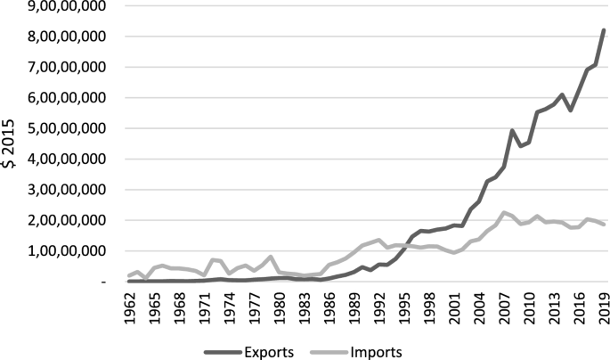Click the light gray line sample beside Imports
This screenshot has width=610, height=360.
coord(320,351)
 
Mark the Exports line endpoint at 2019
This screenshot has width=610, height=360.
coord(604,30)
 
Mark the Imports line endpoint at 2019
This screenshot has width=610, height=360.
coord(604,224)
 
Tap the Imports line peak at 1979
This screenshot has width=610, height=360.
coord(272,257)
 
